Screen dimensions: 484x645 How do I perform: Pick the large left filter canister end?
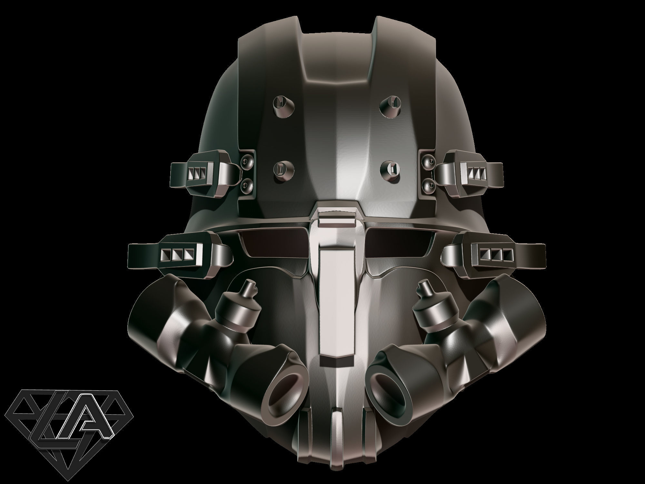tap(152, 323)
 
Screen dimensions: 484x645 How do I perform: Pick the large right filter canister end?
tap(519, 323)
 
